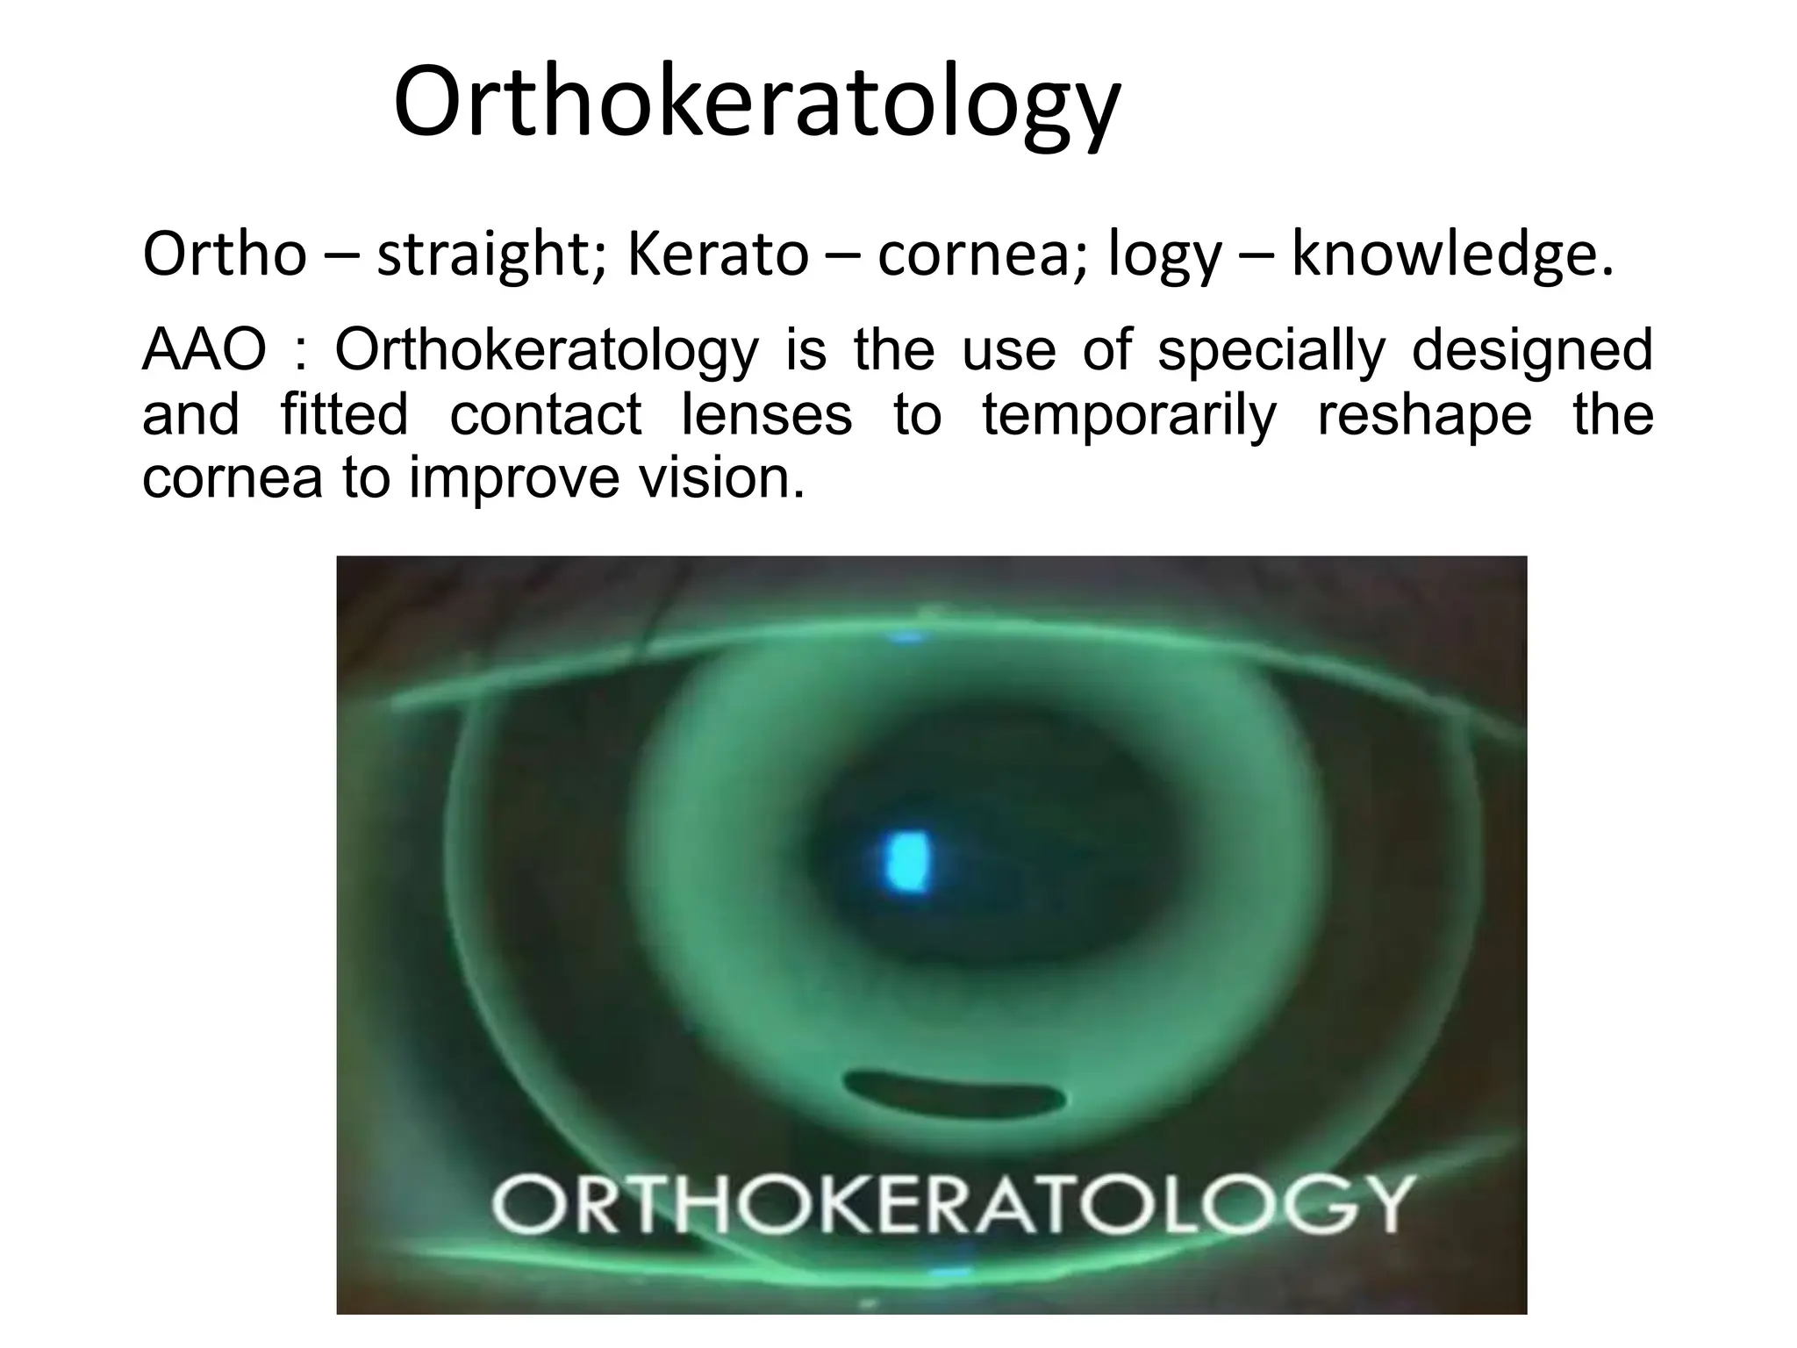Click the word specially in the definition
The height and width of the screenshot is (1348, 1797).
1271,351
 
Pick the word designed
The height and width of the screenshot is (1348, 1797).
1532,351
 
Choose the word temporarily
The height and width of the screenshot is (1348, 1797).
1128,415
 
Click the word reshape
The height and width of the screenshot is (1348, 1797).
1425,415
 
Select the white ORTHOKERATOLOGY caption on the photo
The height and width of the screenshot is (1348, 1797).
952,1204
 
